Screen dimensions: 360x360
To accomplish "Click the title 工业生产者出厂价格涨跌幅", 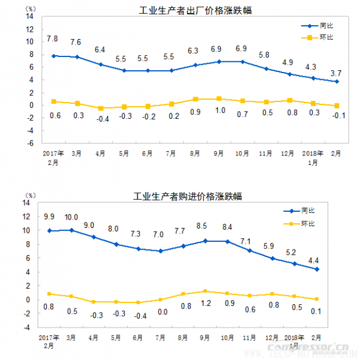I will (x=187, y=10).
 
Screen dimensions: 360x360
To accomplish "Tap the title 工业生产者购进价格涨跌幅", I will (x=187, y=196).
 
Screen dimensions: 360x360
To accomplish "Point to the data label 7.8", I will (x=52, y=39).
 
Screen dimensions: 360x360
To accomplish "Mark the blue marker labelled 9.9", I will (x=49, y=230).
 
